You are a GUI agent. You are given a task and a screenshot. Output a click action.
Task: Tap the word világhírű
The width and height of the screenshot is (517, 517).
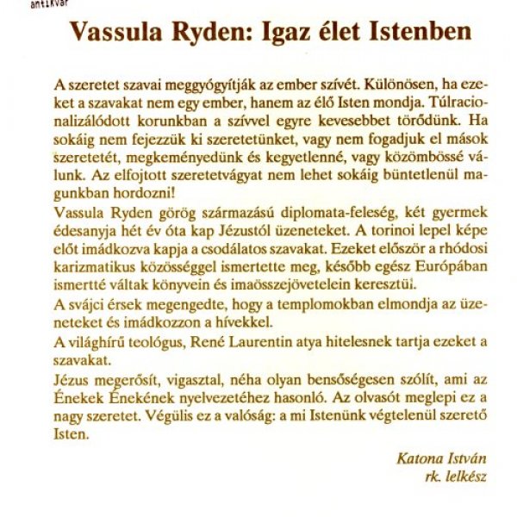pos(96,343)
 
